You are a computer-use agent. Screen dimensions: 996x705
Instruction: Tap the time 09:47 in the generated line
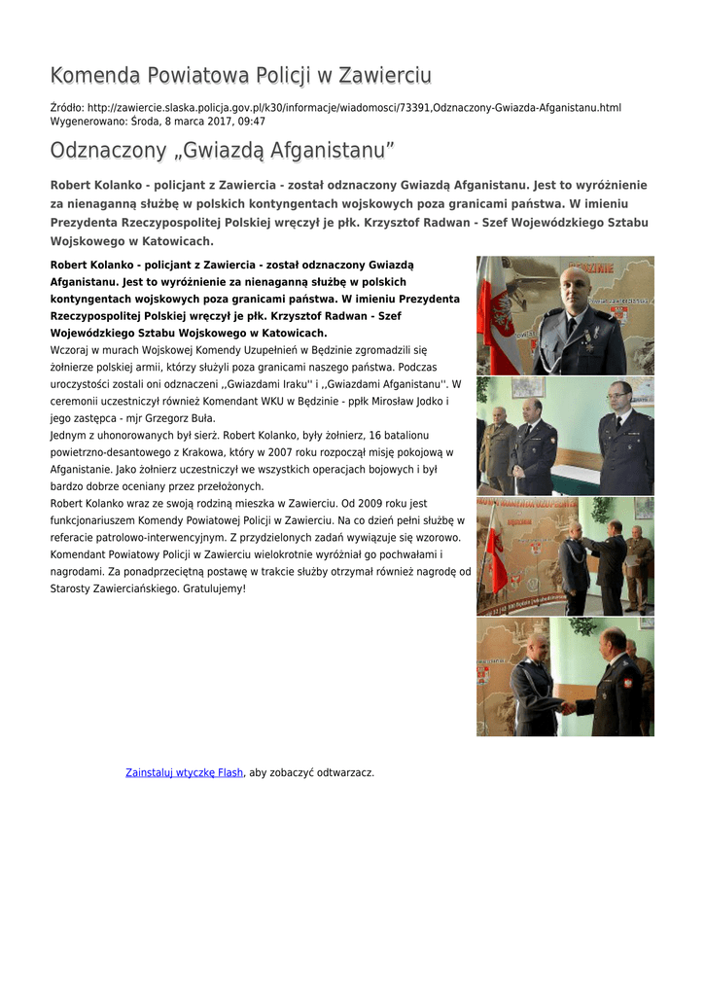coord(252,122)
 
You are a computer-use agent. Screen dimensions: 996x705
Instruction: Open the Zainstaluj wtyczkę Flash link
coord(184,772)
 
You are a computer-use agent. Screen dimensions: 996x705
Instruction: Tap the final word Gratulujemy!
coord(214,588)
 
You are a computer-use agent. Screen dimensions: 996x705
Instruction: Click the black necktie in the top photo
coord(572,327)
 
